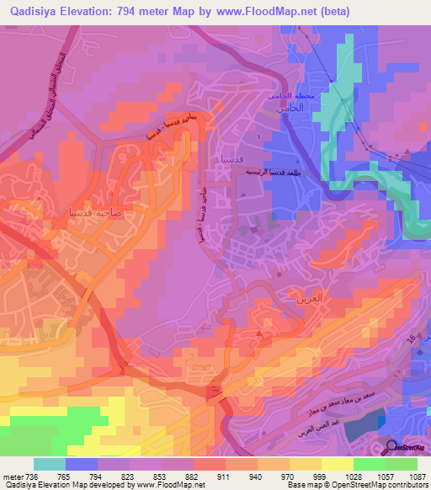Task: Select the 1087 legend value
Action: coord(417,477)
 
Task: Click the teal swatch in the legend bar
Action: coord(49,464)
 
